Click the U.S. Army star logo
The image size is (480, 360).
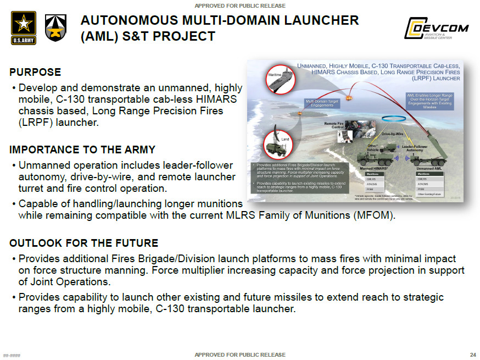[24, 27]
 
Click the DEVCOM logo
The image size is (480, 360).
[436, 28]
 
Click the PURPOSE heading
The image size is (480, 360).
[35, 72]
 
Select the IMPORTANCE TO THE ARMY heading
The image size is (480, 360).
[82, 149]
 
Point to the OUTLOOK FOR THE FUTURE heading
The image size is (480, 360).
[83, 243]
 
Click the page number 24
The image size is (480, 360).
[473, 355]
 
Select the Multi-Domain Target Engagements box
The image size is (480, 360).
[322, 103]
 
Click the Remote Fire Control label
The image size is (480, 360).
[334, 125]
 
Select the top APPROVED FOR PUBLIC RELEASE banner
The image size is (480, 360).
[240, 5]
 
